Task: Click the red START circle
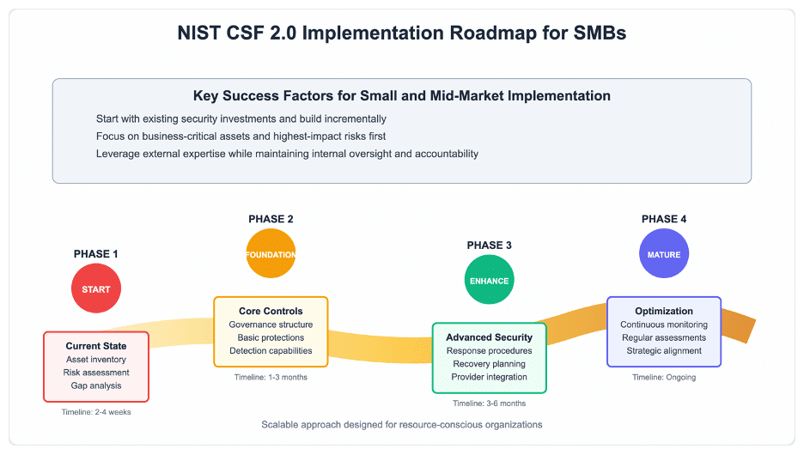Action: point(96,288)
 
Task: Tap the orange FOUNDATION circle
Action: point(271,253)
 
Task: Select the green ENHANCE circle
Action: point(489,280)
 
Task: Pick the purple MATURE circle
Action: point(664,253)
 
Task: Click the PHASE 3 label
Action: point(489,246)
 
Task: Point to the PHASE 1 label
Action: point(96,254)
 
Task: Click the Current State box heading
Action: point(96,346)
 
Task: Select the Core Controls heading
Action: point(271,311)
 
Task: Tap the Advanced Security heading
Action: point(489,337)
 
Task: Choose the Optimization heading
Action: point(664,311)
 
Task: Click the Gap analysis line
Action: point(96,385)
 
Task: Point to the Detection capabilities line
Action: point(271,350)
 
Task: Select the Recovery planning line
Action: point(489,364)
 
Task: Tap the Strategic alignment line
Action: point(664,350)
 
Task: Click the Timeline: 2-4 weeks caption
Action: point(96,412)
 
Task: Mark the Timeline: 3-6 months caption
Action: point(489,403)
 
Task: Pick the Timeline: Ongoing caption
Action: point(664,377)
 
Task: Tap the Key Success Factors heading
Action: point(402,96)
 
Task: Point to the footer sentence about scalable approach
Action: point(402,424)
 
